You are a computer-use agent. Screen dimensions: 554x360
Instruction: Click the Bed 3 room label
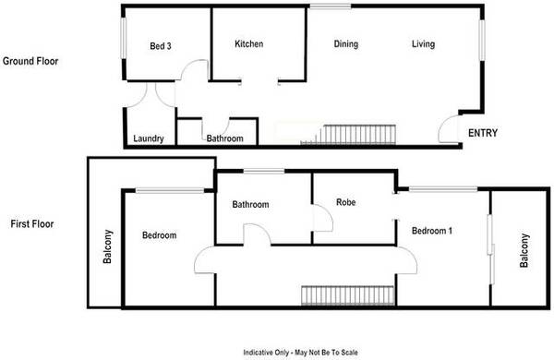pos(161,46)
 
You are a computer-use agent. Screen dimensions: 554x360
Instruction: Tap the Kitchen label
pos(249,43)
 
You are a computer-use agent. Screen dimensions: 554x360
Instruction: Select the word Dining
pos(346,44)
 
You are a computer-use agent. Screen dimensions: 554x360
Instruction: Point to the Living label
pos(423,44)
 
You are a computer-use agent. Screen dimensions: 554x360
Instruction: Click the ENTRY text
pos(483,133)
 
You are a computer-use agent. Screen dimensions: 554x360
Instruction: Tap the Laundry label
pos(149,138)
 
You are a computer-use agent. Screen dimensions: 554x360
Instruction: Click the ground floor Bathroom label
pos(224,138)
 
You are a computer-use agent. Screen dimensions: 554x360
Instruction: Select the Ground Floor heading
pos(30,61)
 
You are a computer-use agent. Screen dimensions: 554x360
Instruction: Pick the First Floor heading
pos(32,223)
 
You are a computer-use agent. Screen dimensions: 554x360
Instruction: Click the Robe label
pos(346,202)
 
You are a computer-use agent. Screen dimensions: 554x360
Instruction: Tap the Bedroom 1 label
pos(432,231)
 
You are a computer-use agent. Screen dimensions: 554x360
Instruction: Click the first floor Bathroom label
pos(250,204)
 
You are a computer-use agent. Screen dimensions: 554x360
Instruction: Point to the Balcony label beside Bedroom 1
pos(524,250)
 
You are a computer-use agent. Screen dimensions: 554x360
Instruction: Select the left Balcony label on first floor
pos(107,246)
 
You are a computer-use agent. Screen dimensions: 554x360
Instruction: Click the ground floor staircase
pos(348,135)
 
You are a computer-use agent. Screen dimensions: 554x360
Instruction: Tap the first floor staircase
pos(348,295)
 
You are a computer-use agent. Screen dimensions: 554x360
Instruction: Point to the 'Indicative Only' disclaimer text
pos(300,353)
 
